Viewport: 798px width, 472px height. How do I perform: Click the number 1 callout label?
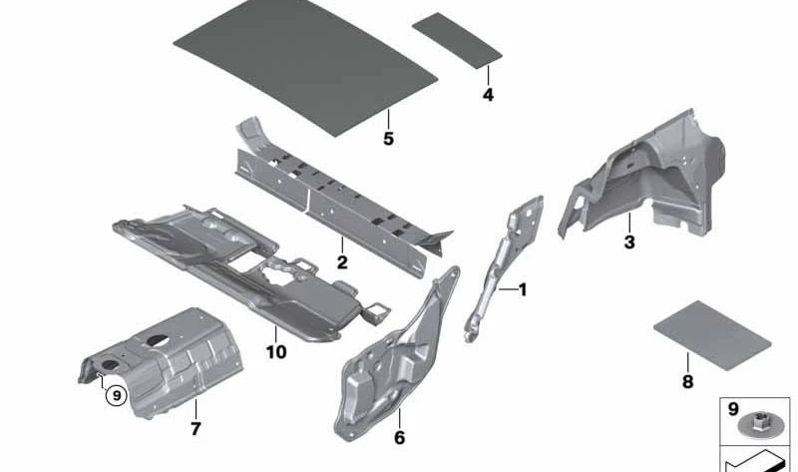tap(521, 290)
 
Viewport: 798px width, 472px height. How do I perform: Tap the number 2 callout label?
tap(341, 263)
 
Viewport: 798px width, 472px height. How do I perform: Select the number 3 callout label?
tap(628, 242)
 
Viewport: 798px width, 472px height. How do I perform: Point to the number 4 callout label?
tap(488, 96)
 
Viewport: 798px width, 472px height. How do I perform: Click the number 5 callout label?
tap(388, 139)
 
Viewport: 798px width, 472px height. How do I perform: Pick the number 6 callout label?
tap(399, 437)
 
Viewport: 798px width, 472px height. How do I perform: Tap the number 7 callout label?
tap(196, 430)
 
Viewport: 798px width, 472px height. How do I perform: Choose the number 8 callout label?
tap(686, 380)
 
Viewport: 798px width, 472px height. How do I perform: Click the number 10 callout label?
tap(275, 352)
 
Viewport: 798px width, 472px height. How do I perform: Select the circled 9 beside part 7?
tap(117, 395)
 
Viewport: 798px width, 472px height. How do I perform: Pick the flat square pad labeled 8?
tap(710, 328)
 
